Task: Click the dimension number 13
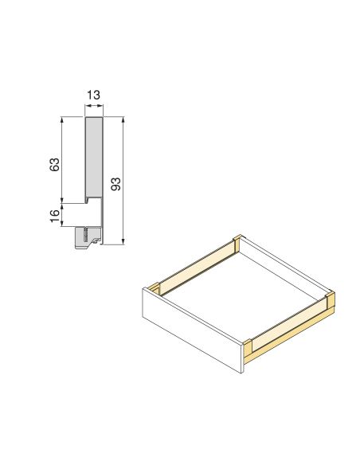pyautogui.click(x=93, y=96)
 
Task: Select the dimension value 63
pyautogui.click(x=55, y=164)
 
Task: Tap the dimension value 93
pyautogui.click(x=115, y=185)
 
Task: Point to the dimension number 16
pyautogui.click(x=55, y=216)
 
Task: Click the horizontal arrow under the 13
pyautogui.click(x=93, y=109)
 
